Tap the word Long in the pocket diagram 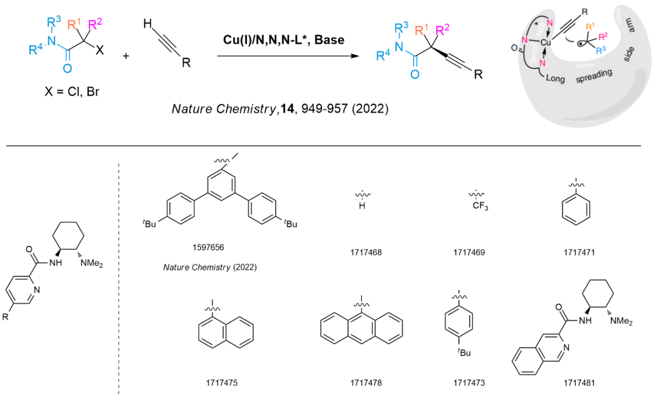point(560,78)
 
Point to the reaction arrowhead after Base point(351,56)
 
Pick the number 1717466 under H point(366,251)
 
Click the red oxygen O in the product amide point(414,74)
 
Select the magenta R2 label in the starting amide point(95,25)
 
